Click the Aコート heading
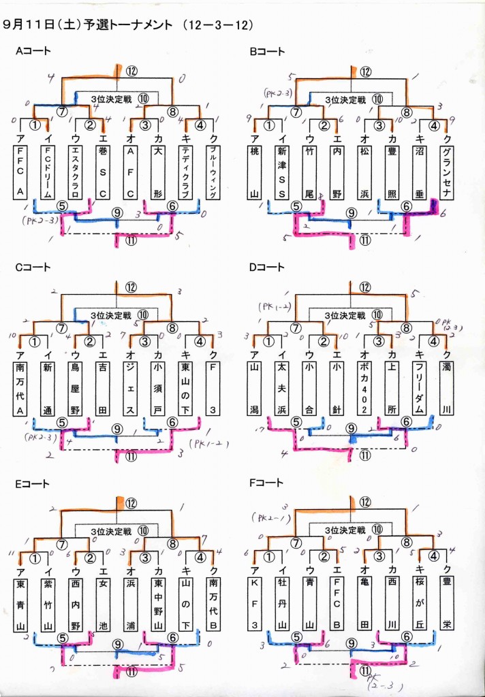[33, 51]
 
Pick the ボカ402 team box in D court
[362, 387]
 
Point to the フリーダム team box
[418, 387]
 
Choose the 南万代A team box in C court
[20, 387]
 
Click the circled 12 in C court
[131, 287]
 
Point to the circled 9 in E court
[117, 645]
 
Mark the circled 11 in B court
[365, 240]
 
